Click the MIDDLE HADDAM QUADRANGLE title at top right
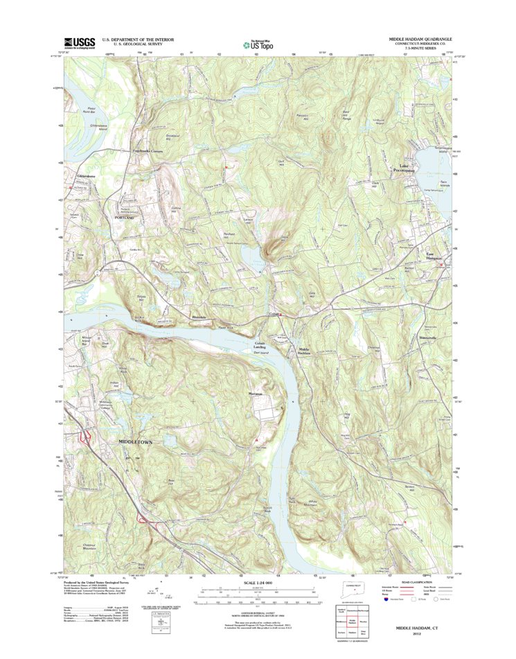(418, 39)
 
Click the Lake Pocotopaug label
(405, 168)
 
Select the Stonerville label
(429, 337)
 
